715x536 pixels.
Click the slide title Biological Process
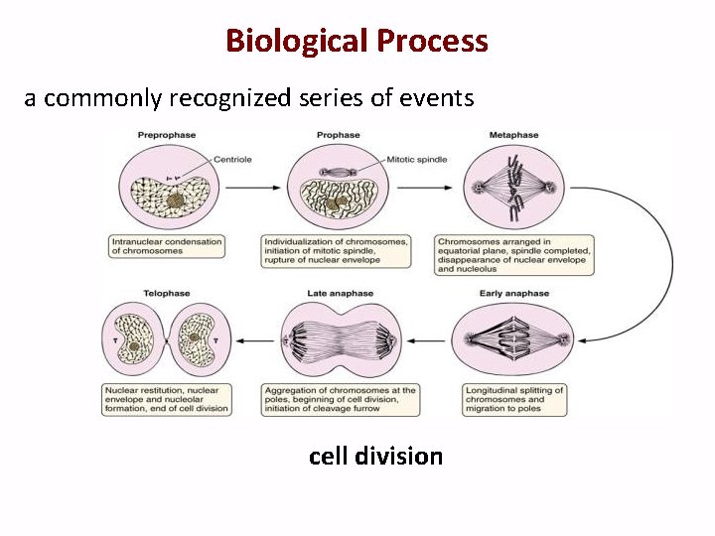[x=357, y=41]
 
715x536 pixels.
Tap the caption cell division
[x=375, y=456]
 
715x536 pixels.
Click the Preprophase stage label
[x=166, y=135]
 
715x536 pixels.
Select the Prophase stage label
[x=338, y=135]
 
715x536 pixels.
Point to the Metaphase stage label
[x=513, y=135]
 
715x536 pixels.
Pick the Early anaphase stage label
[x=513, y=294]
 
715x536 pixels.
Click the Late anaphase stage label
[x=340, y=294]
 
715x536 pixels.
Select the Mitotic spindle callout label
[x=419, y=159]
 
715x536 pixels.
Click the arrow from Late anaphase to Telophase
[x=255, y=340]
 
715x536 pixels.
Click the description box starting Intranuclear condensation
[x=167, y=246]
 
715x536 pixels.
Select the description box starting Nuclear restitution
[x=167, y=399]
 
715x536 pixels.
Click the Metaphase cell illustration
[x=514, y=188]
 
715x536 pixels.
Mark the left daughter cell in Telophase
[x=135, y=340]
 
